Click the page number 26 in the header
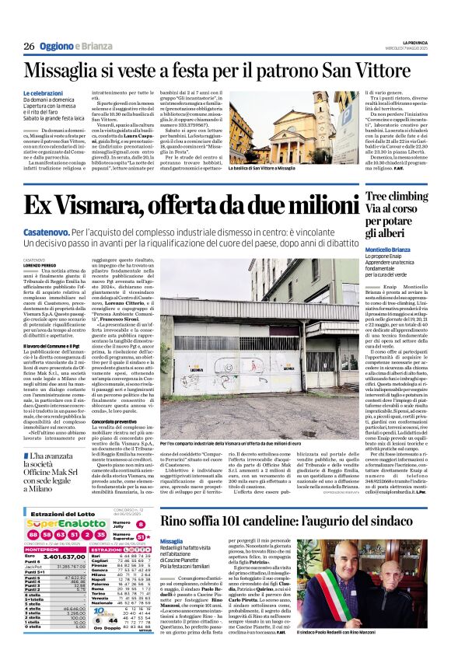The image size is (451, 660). coord(29,47)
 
